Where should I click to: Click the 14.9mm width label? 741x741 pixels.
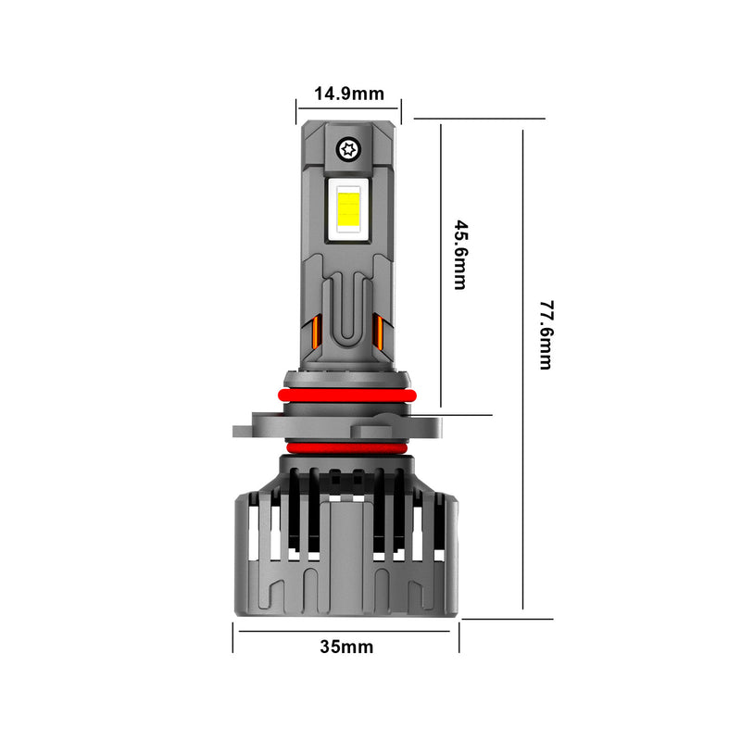coord(349,94)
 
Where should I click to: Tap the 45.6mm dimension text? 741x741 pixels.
coord(459,255)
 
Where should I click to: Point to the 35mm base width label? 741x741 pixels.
coord(346,647)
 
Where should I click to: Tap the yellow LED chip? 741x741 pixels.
coord(349,207)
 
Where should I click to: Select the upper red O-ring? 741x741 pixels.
coord(345,396)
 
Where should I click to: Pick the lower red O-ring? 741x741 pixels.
coord(346,448)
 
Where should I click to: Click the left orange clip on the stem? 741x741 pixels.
coord(313,334)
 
